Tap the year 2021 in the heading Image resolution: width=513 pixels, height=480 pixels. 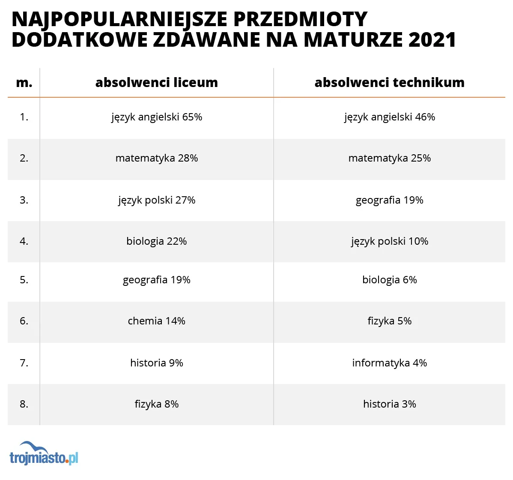[x=432, y=39]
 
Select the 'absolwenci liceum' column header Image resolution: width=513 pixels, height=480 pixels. [x=157, y=82]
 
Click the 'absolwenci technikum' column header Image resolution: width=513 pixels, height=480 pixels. [x=389, y=82]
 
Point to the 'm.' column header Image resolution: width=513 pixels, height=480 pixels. [x=24, y=83]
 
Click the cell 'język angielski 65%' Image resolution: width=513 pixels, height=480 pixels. [x=157, y=117]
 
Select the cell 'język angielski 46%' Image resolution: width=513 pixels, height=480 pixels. [x=389, y=117]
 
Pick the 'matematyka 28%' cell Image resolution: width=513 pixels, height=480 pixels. [x=157, y=158]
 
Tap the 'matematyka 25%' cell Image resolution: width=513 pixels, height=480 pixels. [x=389, y=158]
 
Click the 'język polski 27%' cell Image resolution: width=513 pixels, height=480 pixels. [x=157, y=200]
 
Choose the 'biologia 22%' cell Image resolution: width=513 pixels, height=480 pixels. [x=157, y=241]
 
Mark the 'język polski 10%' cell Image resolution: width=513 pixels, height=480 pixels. [x=389, y=241]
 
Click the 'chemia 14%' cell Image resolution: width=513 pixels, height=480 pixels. [x=157, y=321]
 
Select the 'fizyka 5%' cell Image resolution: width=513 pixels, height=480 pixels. [x=389, y=321]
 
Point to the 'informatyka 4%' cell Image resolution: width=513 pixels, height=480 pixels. [x=389, y=363]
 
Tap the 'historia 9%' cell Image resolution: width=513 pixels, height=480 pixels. [x=157, y=363]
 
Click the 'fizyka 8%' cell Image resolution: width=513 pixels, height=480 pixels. [x=157, y=404]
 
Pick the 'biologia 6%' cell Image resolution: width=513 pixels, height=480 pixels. [x=389, y=280]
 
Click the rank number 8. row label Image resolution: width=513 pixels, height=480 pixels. [x=24, y=404]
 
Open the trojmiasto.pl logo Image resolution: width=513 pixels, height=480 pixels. [x=44, y=454]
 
